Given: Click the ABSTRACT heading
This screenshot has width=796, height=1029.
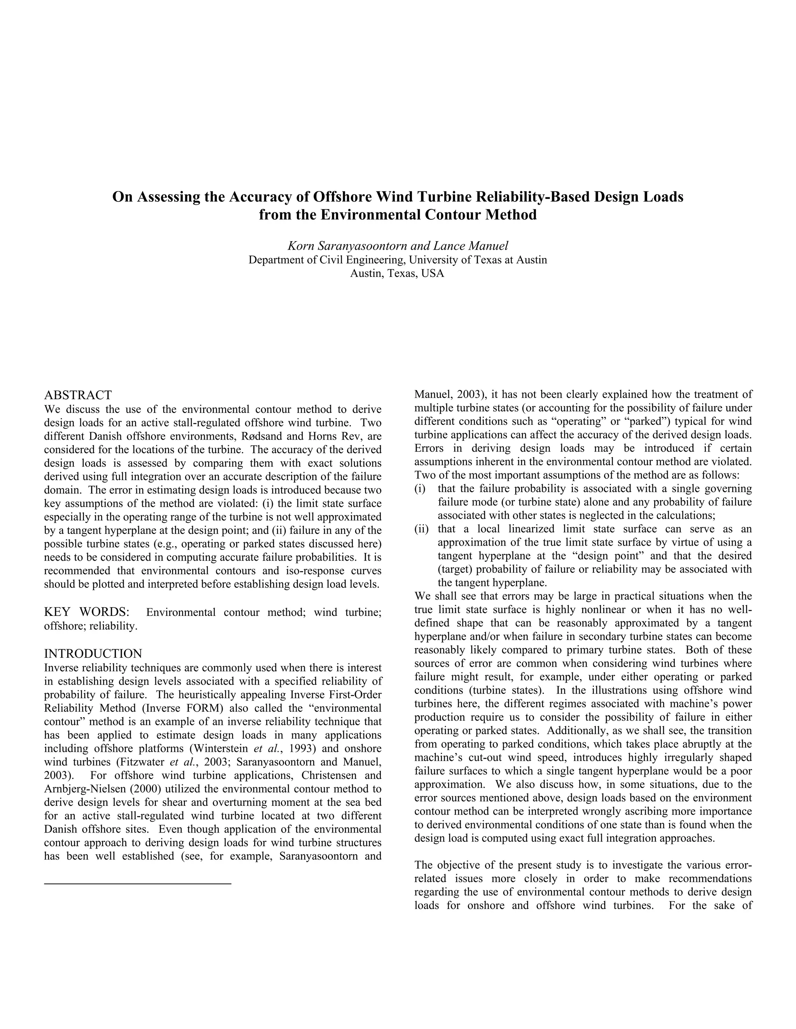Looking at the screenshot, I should (78, 395).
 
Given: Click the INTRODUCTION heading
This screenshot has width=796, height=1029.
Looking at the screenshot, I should (93, 654).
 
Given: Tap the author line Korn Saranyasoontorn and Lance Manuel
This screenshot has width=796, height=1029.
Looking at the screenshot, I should (398, 245).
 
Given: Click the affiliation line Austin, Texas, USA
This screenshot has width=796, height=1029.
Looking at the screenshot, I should (397, 273).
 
